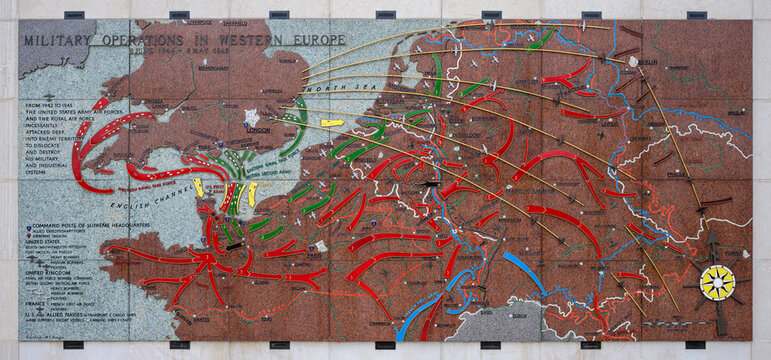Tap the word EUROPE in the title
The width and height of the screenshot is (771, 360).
click(x=318, y=39)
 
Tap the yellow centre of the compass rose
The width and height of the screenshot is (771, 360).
click(x=717, y=282)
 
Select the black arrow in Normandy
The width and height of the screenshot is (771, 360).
click(x=234, y=245)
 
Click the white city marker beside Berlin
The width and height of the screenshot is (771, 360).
click(x=635, y=61)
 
